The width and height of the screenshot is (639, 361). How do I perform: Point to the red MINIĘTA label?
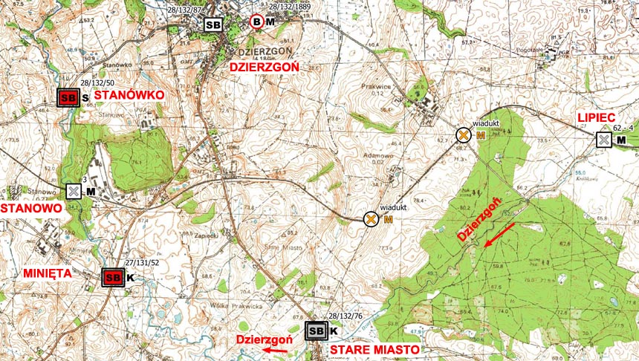[48, 273]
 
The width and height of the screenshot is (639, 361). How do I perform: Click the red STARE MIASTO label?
[374, 348]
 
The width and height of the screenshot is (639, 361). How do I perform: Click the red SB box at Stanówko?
[69, 97]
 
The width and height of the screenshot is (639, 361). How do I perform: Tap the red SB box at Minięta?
[112, 277]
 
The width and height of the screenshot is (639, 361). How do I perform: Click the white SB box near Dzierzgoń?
[213, 25]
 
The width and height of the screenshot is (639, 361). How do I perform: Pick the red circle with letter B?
[256, 22]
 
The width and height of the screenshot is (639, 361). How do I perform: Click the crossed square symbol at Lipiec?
[604, 140]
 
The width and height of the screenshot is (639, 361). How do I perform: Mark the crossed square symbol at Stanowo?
[74, 192]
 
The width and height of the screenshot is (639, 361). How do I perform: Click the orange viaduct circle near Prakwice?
[463, 134]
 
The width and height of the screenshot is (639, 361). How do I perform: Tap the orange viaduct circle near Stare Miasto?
[370, 219]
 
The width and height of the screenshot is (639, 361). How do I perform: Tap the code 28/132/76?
[345, 316]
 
